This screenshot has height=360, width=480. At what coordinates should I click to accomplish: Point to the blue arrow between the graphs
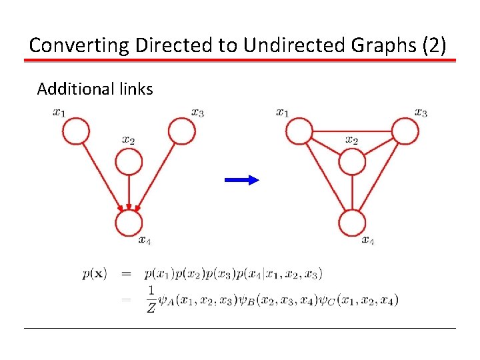pyautogui.click(x=241, y=179)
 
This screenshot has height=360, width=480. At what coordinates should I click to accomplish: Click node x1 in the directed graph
pyautogui.click(x=76, y=131)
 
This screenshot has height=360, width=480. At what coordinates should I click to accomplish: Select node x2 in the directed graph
pyautogui.click(x=129, y=161)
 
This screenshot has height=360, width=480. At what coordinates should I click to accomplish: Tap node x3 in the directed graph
pyautogui.click(x=181, y=131)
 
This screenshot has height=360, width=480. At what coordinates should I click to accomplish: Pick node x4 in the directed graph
pyautogui.click(x=129, y=223)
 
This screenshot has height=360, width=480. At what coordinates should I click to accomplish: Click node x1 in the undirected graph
pyautogui.click(x=299, y=131)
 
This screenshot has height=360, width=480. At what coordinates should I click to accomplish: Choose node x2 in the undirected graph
pyautogui.click(x=352, y=161)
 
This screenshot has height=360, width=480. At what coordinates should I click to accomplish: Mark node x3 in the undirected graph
pyautogui.click(x=405, y=131)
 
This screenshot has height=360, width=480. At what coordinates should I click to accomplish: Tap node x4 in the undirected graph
pyautogui.click(x=352, y=223)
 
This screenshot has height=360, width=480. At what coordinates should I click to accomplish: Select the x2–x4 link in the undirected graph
pyautogui.click(x=352, y=193)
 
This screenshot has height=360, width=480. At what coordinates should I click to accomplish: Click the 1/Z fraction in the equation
pyautogui.click(x=151, y=300)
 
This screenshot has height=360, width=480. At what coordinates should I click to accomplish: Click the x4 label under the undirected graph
pyautogui.click(x=368, y=240)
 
